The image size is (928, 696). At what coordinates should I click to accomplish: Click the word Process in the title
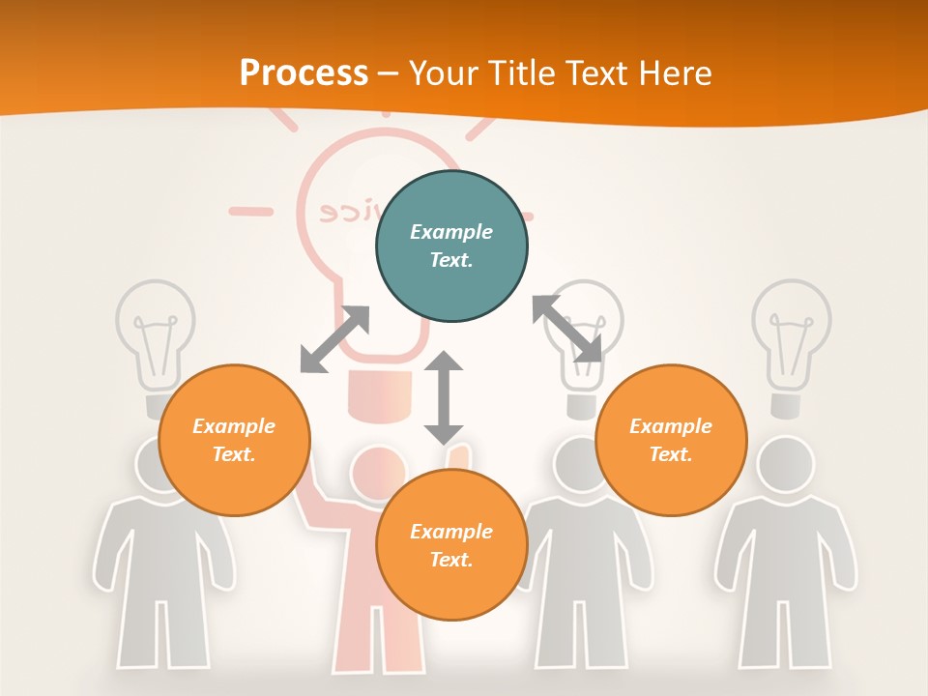304,73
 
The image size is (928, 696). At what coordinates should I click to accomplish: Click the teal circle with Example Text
451,246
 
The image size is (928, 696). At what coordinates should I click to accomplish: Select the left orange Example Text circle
234,440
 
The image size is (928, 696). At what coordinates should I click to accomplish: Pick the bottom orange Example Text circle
451,545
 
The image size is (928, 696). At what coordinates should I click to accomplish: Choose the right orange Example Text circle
671,440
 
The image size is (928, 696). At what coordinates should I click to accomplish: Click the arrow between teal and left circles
334,339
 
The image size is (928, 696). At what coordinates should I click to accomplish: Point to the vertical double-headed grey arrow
444,397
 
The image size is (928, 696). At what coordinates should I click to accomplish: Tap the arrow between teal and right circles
567,329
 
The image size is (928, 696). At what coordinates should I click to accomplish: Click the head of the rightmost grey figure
784,463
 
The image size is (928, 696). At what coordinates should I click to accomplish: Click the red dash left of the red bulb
250,210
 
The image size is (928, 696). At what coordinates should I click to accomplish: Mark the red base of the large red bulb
379,397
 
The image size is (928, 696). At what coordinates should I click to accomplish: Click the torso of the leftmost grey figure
162,551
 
